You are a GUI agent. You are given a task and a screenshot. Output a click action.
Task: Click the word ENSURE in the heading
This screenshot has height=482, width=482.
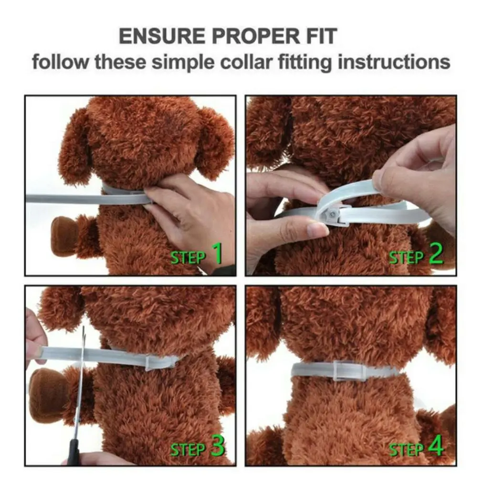point(162,36)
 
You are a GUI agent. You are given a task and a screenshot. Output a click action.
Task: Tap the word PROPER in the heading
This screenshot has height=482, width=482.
point(256,36)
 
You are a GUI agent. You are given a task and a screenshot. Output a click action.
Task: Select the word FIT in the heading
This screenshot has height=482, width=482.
point(322,36)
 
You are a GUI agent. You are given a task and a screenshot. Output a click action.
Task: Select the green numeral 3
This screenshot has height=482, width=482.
point(217,446)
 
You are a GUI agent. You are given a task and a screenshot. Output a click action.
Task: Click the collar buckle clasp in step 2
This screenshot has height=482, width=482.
point(333,214)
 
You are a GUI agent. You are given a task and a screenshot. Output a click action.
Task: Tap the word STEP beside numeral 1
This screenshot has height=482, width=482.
point(188,258)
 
